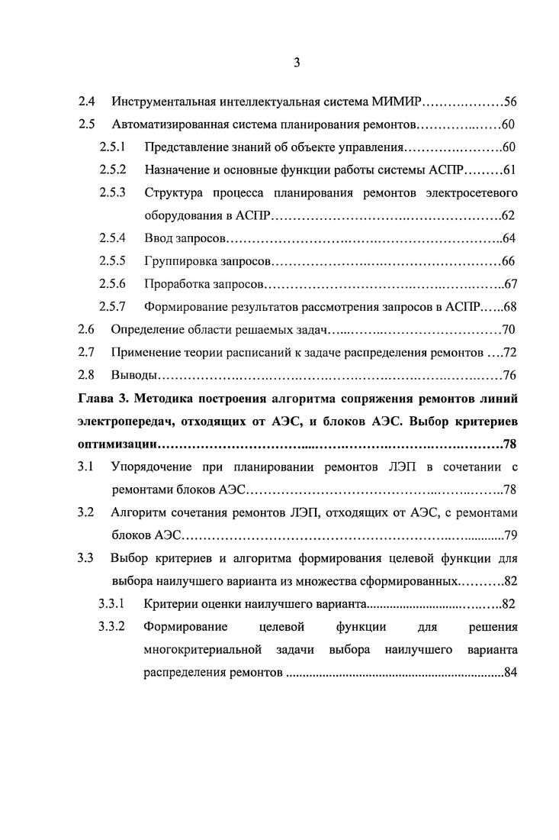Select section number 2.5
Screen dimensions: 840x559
[x=86, y=124]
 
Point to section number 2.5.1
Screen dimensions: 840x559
[x=112, y=147]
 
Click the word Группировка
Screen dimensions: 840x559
[x=181, y=261]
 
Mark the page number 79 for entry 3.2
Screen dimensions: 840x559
[x=510, y=535]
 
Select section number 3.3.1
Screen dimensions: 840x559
[x=112, y=605]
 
